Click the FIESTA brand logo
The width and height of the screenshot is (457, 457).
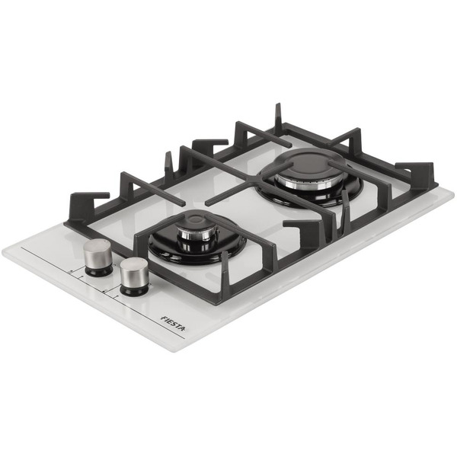[173, 323]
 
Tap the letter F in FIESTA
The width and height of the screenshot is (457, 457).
[164, 318]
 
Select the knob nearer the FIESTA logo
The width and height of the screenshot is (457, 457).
[134, 276]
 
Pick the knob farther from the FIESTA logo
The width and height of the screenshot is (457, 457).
[97, 257]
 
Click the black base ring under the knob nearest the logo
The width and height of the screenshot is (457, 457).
[134, 290]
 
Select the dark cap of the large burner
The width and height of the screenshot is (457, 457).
[309, 164]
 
